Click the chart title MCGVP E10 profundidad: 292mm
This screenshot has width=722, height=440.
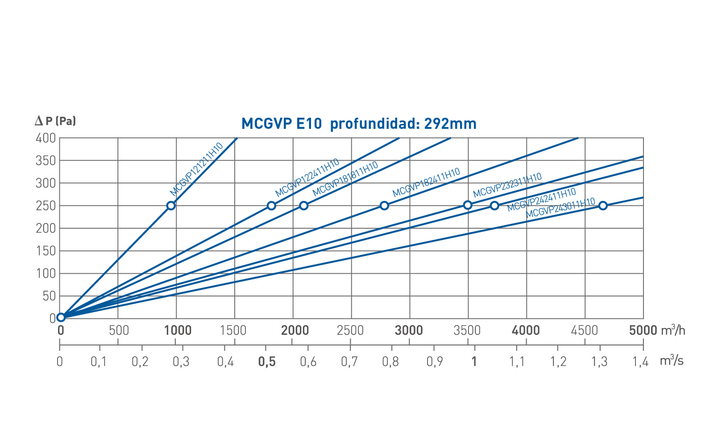(x=359, y=123)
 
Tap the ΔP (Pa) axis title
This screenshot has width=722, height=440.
(x=56, y=121)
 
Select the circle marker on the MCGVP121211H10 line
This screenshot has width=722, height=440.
(x=171, y=206)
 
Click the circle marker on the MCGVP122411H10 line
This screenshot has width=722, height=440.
(x=271, y=206)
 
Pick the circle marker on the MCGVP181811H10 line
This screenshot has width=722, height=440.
(x=304, y=206)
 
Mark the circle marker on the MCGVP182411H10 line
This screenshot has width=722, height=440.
(x=384, y=206)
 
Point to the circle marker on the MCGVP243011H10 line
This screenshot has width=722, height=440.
(x=603, y=206)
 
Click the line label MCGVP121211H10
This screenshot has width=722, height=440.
(x=196, y=169)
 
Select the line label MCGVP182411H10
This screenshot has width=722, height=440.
(x=426, y=183)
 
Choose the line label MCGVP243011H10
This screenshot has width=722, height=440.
(x=560, y=208)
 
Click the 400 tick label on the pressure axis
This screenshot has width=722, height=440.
(x=46, y=138)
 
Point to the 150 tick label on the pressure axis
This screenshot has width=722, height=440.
(x=46, y=251)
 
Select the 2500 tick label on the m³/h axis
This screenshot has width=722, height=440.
(x=351, y=330)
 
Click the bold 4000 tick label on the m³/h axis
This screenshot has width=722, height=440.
(x=526, y=330)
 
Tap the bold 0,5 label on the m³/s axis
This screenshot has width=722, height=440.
(x=267, y=362)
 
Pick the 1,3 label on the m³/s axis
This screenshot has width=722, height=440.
(x=599, y=362)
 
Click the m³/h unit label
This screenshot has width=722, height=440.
(x=673, y=330)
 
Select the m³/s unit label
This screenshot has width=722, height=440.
(x=672, y=361)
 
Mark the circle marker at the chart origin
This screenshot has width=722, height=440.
(x=61, y=317)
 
